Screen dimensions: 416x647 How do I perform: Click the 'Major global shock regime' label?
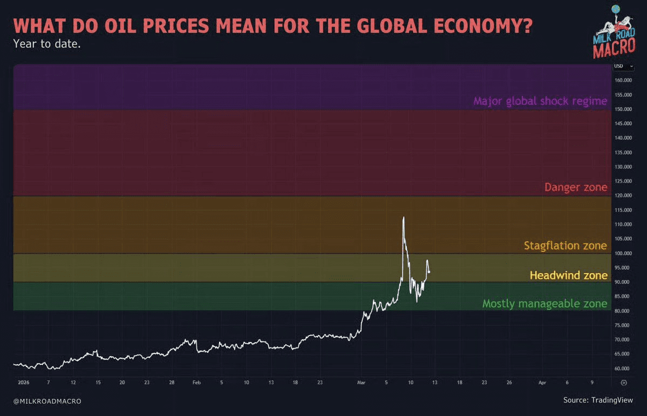tap(540, 101)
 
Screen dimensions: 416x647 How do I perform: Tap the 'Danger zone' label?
tap(576, 187)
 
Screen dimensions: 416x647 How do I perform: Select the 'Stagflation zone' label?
tap(566, 245)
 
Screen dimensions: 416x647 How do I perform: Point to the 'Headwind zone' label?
tap(569, 275)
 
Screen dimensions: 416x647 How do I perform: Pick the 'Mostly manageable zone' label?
tap(544, 304)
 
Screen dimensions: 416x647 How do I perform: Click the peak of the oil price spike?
tap(404, 217)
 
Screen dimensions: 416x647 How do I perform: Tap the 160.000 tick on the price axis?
tap(623, 80)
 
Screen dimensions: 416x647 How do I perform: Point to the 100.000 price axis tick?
tap(623, 253)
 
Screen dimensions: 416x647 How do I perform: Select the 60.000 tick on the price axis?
tap(623, 369)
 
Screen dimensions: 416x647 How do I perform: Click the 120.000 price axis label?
tap(623, 195)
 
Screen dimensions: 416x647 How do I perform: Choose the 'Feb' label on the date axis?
tap(196, 383)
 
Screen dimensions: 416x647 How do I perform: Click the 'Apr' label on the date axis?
tap(543, 383)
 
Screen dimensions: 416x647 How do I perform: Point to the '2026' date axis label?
tap(23, 383)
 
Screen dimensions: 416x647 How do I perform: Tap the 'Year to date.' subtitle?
tap(47, 44)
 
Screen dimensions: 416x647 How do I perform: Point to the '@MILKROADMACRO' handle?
tap(47, 401)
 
